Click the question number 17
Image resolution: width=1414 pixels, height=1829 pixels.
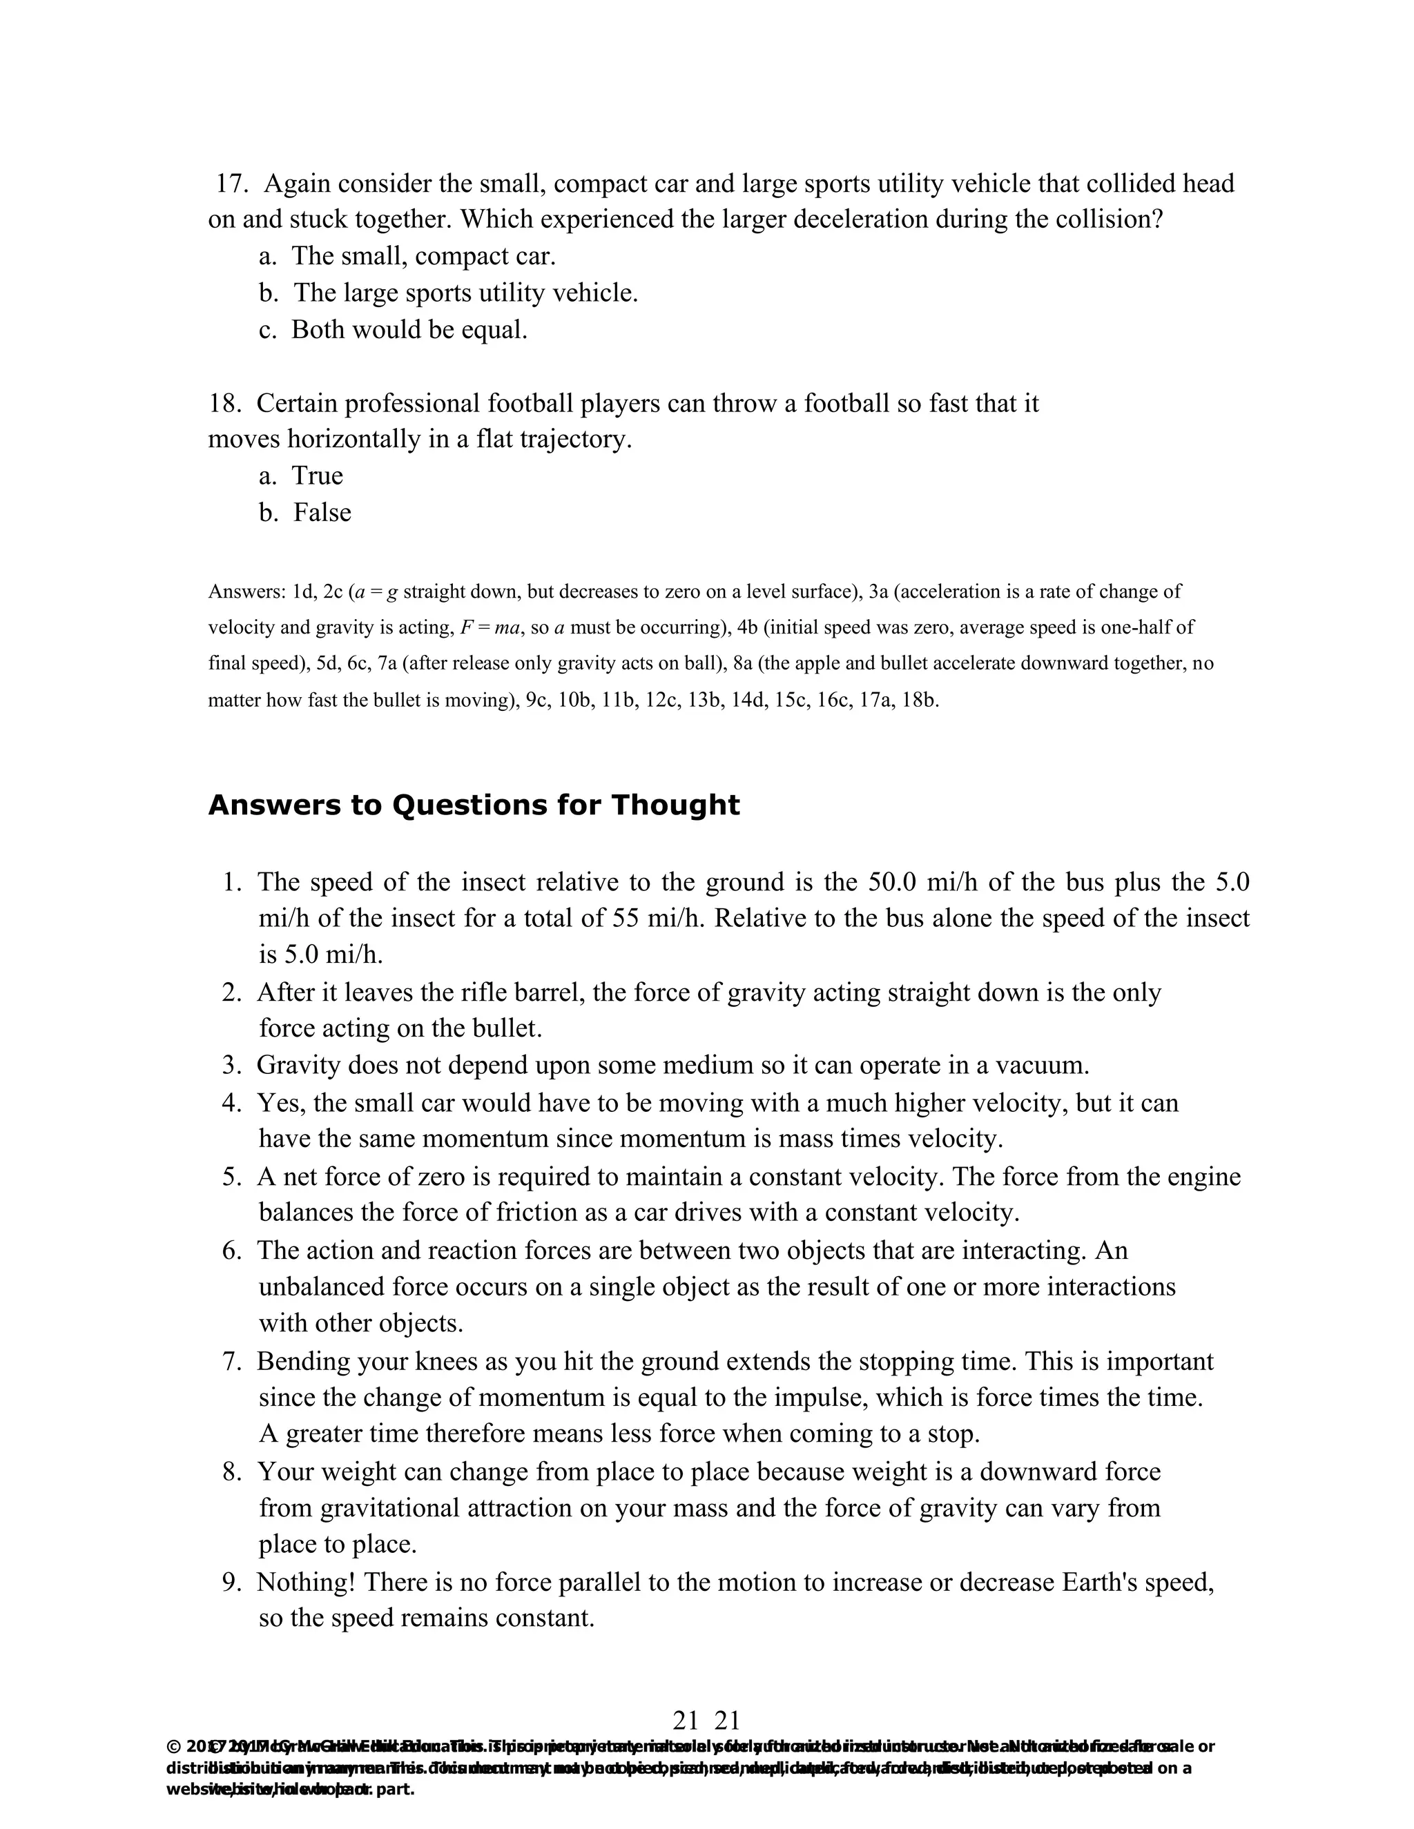click(229, 184)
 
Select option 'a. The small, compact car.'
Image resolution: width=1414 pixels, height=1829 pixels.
click(407, 256)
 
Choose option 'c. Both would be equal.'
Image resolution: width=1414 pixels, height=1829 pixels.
click(394, 330)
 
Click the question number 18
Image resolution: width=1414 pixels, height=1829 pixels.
click(224, 404)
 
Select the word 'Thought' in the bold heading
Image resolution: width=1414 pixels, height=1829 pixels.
click(675, 805)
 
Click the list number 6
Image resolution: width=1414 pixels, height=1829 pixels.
click(232, 1251)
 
